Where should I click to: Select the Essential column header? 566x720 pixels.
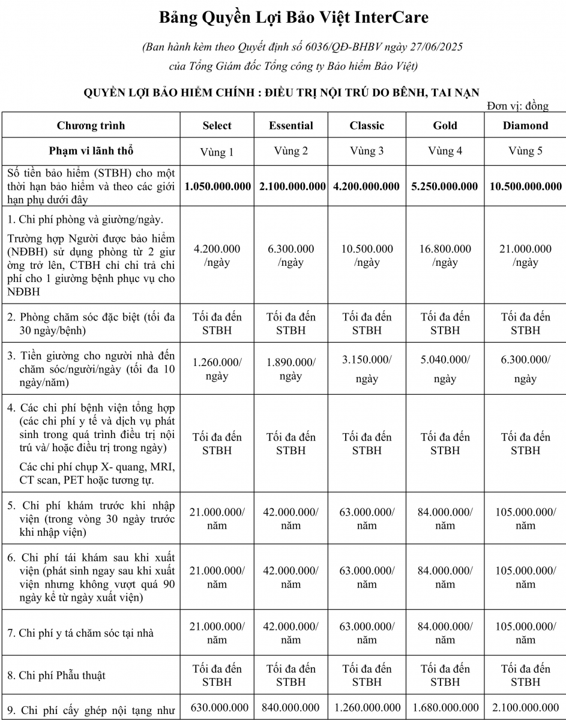tap(291, 125)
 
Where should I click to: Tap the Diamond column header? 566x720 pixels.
tap(525, 125)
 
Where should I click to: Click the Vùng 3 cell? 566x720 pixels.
tap(367, 151)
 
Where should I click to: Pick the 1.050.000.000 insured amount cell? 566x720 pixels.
tap(218, 187)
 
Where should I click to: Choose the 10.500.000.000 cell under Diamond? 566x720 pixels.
tap(526, 187)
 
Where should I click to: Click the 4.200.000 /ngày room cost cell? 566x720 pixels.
tap(217, 255)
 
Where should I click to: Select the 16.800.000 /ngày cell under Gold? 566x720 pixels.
tap(445, 255)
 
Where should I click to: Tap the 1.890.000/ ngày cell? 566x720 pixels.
tap(291, 368)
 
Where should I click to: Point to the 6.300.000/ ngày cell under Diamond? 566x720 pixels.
tap(525, 368)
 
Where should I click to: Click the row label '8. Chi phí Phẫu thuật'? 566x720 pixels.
tap(62, 675)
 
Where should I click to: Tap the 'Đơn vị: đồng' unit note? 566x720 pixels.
tap(518, 106)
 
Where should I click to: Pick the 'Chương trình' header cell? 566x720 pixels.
tap(91, 125)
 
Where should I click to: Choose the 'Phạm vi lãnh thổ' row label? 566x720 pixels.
tap(91, 150)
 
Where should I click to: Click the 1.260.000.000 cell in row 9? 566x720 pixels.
tap(367, 708)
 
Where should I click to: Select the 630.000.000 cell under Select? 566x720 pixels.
tap(217, 708)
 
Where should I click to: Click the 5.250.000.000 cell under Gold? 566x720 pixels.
tap(445, 187)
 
